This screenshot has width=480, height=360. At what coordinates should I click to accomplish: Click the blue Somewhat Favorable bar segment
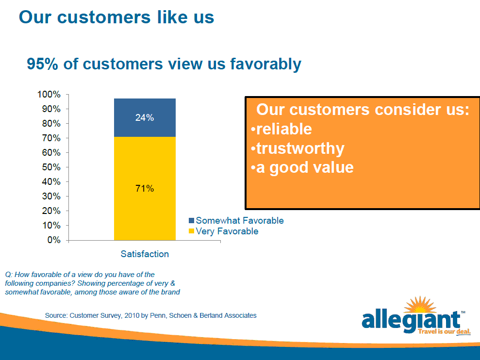click(145, 117)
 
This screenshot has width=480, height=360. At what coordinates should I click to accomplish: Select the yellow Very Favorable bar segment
click(145, 189)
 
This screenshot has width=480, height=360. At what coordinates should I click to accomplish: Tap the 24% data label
click(145, 117)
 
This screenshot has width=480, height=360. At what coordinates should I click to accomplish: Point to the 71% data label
click(145, 188)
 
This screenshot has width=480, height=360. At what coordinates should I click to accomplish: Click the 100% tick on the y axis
click(49, 94)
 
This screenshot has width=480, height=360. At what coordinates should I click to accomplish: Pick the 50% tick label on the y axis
click(51, 167)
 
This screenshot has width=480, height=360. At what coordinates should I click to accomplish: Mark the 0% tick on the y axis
click(54, 240)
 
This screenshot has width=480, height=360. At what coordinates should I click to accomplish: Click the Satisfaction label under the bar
click(145, 254)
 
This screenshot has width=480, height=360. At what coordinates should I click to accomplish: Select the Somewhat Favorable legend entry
click(236, 220)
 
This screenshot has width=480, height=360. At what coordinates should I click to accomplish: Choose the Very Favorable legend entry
click(223, 231)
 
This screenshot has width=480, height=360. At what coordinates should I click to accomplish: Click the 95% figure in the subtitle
click(42, 64)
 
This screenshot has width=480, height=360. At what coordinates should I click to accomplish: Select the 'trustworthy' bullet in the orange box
click(298, 148)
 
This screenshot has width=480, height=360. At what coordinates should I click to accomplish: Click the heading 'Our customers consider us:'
click(363, 109)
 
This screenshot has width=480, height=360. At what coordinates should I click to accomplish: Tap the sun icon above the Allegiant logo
click(420, 305)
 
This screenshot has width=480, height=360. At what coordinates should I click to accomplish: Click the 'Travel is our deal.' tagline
click(444, 332)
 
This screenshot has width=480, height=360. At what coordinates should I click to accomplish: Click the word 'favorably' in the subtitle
click(265, 64)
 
